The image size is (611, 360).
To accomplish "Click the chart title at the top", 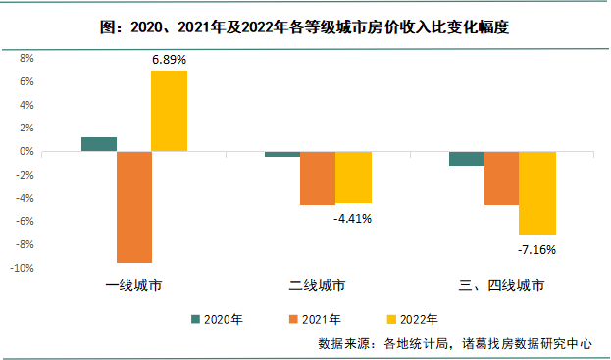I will [305, 28].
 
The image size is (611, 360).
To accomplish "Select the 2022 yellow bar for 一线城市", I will [169, 111].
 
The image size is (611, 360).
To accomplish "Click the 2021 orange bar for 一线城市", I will [134, 207].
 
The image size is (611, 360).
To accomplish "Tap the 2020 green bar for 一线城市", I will [99, 144].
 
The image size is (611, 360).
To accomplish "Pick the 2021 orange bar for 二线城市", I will [318, 179].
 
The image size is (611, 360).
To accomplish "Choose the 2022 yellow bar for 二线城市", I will [353, 178].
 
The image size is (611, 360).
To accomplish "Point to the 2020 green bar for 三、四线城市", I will [467, 159].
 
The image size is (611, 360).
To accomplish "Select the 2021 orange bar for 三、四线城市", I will [501, 179].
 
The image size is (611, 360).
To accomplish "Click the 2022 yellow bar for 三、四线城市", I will [537, 193].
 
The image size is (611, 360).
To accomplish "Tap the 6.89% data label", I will [169, 60].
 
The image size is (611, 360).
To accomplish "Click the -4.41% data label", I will [353, 218].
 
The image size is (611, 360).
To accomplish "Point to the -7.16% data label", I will [536, 249].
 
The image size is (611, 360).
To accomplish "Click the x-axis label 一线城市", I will [134, 286].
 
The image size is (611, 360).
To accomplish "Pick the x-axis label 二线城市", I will [318, 286].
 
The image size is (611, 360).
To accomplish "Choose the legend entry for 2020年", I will [221, 319].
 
